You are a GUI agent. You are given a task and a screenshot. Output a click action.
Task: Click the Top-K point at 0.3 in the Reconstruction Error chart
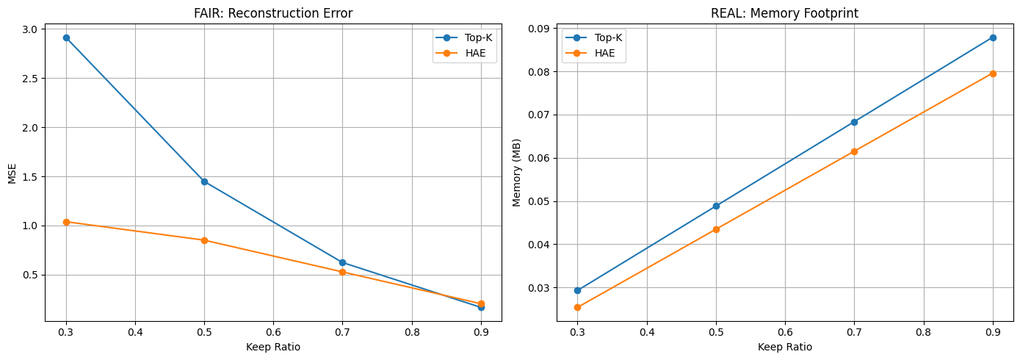66,37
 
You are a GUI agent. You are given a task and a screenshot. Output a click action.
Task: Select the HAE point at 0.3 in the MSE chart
66,222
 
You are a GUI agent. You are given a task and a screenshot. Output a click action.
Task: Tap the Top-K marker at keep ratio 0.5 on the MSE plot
204,181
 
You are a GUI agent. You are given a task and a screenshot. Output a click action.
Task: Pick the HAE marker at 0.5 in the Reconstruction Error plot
204,240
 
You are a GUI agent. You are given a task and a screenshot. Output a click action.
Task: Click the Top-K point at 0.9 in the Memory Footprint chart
993,37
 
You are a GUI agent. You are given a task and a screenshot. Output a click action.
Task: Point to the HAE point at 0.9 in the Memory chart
993,73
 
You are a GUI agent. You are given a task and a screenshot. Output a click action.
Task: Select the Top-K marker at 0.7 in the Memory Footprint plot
854,122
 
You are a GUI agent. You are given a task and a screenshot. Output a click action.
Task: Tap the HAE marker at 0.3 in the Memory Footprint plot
577,307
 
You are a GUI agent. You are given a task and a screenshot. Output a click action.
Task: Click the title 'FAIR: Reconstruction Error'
273,12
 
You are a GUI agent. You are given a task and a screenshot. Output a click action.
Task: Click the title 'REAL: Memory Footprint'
785,12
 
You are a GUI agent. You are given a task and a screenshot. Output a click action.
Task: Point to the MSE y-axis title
12,174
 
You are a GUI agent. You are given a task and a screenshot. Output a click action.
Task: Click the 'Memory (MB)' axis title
517,174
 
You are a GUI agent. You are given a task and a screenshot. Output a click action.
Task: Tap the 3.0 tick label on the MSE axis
30,29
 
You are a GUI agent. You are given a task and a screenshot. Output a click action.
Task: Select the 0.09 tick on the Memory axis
538,29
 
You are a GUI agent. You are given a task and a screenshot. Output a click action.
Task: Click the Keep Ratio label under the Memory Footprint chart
785,347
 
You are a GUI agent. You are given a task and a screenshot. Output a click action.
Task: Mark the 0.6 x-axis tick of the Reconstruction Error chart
273,332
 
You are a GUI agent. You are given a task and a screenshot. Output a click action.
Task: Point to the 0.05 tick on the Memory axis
538,201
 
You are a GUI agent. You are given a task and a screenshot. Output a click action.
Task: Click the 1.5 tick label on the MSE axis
30,177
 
